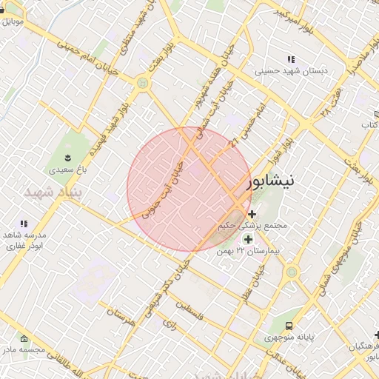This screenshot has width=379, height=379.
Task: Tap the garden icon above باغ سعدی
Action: tap(68, 157)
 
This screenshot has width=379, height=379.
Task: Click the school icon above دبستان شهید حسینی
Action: tap(290, 59)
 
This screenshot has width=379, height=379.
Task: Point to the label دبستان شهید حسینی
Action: tap(291, 72)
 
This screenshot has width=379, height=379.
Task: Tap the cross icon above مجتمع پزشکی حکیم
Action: tap(252, 214)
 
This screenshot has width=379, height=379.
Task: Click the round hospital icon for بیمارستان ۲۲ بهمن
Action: tap(247, 239)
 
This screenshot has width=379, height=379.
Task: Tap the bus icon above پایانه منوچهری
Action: tap(289, 325)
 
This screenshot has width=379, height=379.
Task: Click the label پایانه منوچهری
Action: tap(292, 338)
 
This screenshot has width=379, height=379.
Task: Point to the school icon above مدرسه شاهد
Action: tap(24, 223)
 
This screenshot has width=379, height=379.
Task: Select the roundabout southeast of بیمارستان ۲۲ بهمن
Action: tap(292, 272)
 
